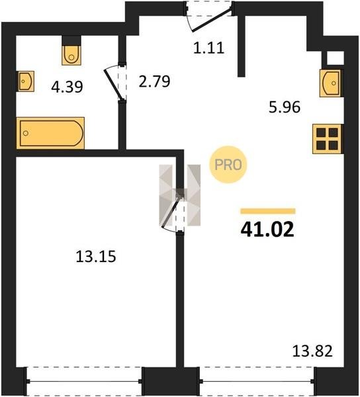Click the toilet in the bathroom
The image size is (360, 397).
pos(71,55)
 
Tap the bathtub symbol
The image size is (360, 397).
pos(51,133)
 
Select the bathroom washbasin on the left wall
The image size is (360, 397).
pos(25,81)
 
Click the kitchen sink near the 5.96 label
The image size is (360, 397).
pos(330,83)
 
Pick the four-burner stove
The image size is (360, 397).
pos(327,139)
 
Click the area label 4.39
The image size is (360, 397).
pos(67,87)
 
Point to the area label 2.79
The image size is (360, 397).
pos(154,81)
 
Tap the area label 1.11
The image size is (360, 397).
pos(209,48)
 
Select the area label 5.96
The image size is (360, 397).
pos(285,107)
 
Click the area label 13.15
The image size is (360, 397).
pos(96,256)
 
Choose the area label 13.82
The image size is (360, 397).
pos(312,351)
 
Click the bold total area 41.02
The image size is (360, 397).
pos(267,229)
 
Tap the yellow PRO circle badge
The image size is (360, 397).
pos(228,165)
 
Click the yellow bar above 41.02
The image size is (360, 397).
pos(268,211)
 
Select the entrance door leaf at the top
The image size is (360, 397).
pos(212,20)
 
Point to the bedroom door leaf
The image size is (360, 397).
pos(171,211)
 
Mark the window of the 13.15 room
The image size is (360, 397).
pos(84,381)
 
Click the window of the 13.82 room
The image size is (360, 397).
pos(257,381)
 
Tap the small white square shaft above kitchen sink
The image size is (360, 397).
pos(336,58)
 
